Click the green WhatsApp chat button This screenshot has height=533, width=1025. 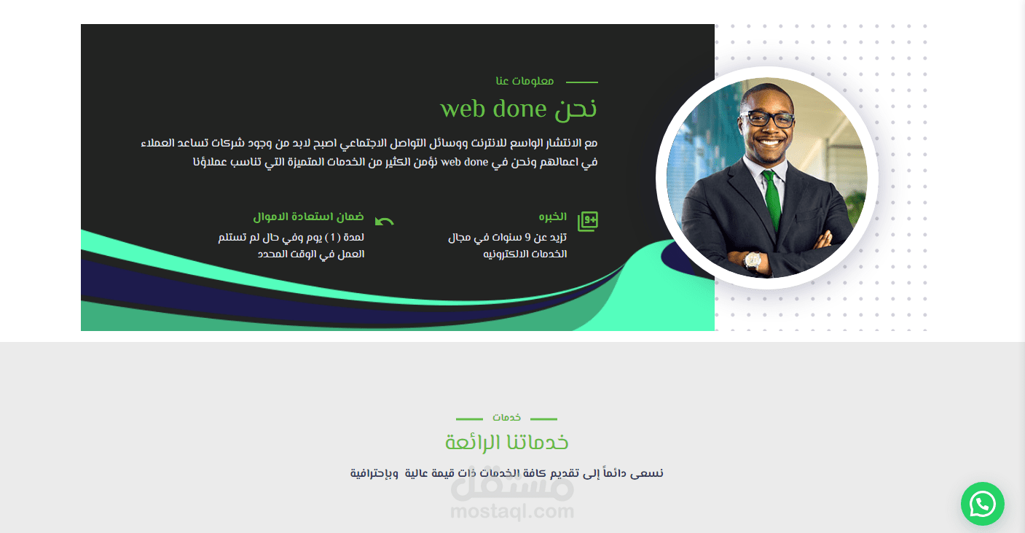coord(983,504)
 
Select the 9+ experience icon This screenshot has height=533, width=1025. coord(588,222)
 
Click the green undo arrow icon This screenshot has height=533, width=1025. coord(385,222)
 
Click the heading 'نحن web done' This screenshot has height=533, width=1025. coord(519,109)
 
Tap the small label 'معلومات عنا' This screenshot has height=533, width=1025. coord(525,81)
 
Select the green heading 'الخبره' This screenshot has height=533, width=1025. coord(552,217)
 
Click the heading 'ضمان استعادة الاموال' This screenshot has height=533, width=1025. coord(308,217)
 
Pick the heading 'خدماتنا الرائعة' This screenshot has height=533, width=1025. coord(506,443)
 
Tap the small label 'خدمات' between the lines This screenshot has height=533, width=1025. coord(506,418)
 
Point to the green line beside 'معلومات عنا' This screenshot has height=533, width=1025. coord(582,82)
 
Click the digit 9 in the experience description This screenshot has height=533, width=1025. coord(527,237)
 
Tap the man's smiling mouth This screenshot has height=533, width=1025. coord(769,142)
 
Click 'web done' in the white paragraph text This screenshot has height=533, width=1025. coord(464,162)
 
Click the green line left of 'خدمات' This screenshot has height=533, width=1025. coord(469,419)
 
